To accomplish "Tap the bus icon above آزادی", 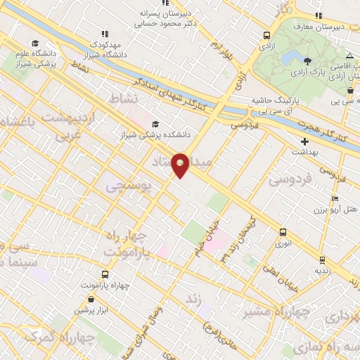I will coord(267,35).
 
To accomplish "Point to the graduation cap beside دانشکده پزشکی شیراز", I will coord(155,124).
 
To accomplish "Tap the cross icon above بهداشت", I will coord(304,142).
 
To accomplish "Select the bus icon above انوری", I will coord(283,232).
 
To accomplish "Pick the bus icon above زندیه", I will coord(322,260).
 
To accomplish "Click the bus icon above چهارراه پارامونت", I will coord(105,275).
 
